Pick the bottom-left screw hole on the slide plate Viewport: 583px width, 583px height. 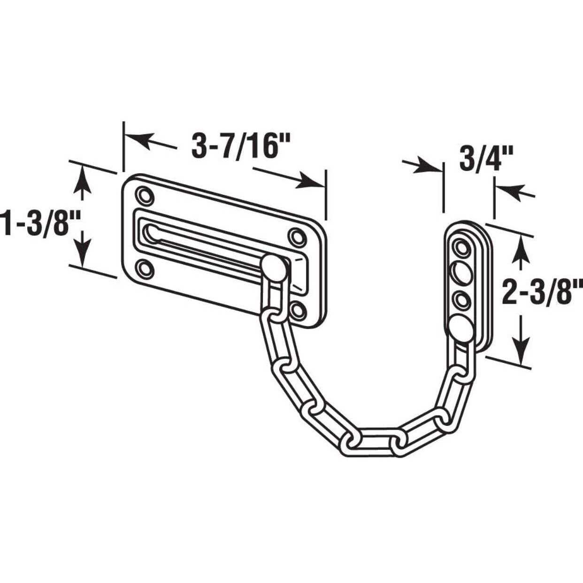click(144, 268)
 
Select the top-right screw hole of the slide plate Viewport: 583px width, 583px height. click(296, 236)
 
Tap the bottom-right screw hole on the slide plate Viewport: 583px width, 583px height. click(298, 309)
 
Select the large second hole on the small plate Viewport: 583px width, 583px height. click(460, 272)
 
